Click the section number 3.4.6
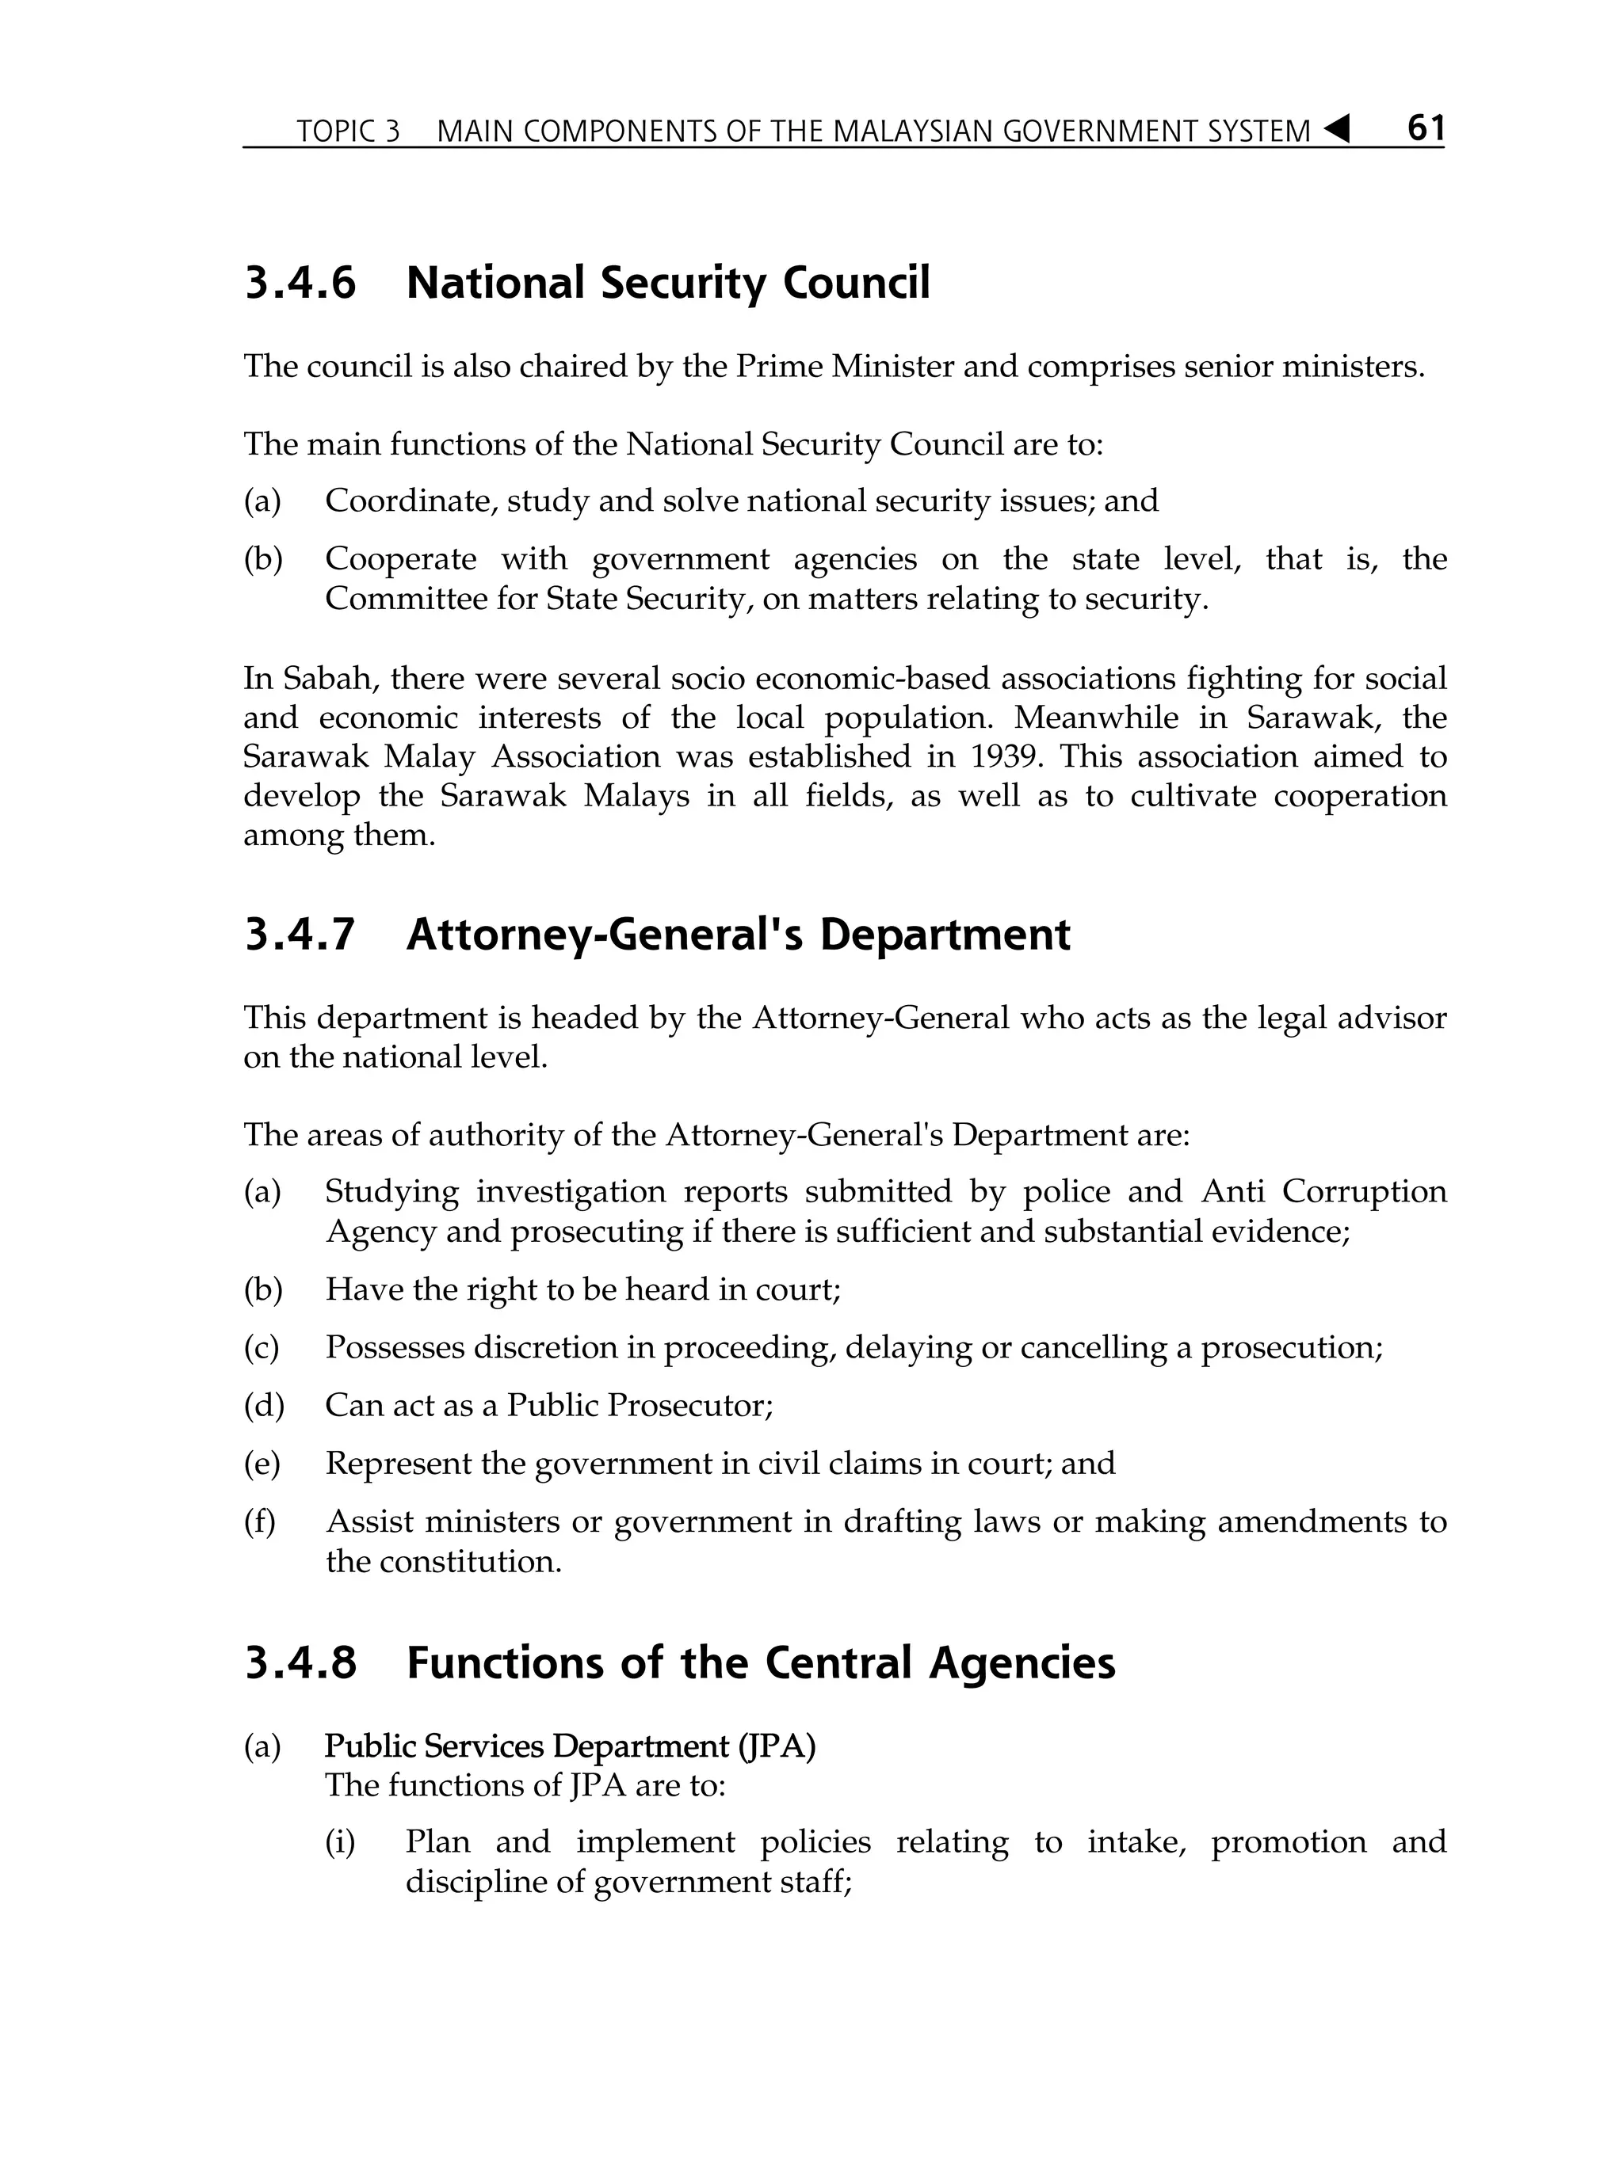[300, 284]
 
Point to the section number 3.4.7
[300, 935]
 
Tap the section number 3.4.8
[300, 1662]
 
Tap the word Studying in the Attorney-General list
[391, 1191]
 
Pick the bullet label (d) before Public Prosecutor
[263, 1405]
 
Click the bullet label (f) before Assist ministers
[260, 1521]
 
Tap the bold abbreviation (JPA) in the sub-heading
[777, 1746]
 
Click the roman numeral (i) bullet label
[339, 1842]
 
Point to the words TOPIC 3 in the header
[348, 131]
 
